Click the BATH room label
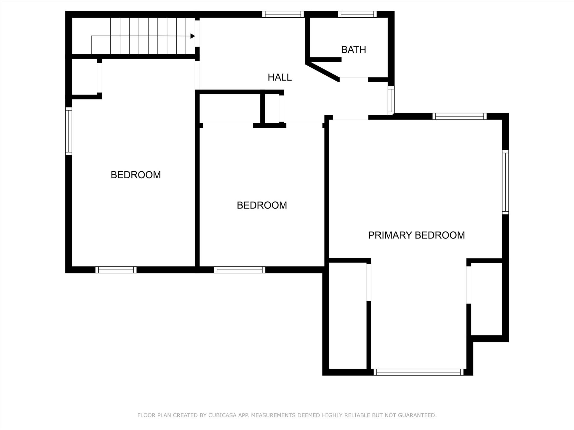(x=353, y=50)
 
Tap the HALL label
(x=280, y=77)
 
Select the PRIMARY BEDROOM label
(x=416, y=235)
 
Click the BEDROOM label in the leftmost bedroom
(x=136, y=175)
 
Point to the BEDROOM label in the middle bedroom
(x=262, y=205)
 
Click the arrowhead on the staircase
(x=193, y=36)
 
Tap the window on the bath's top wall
(x=357, y=14)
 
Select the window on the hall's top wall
(x=283, y=14)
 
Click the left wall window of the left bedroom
(x=69, y=131)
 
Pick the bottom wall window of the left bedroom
(x=116, y=270)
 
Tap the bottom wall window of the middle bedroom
(x=240, y=270)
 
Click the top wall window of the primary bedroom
(x=460, y=116)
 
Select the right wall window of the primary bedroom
(x=505, y=182)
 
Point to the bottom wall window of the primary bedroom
(x=419, y=372)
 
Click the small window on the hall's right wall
(x=391, y=101)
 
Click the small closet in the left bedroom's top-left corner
(x=85, y=77)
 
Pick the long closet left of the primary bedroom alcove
(x=348, y=316)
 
